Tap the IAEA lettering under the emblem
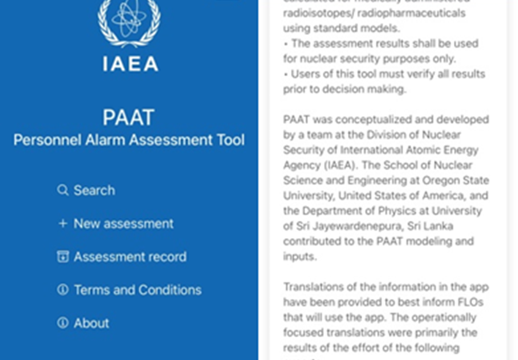click(130, 64)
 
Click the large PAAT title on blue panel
click(128, 118)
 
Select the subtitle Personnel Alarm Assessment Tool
click(129, 140)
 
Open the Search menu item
click(94, 190)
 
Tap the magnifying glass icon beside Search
click(63, 190)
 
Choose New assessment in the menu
click(123, 224)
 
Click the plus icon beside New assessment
click(63, 224)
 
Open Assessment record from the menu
click(130, 257)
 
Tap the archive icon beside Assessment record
click(63, 257)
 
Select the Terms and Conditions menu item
click(137, 290)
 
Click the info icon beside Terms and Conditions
click(63, 290)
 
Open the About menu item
click(91, 323)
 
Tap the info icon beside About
click(63, 323)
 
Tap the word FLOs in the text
click(470, 302)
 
